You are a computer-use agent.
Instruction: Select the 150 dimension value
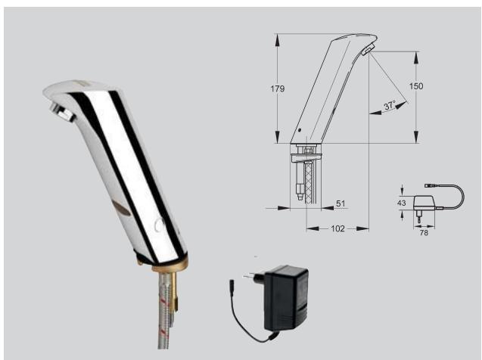click(416, 86)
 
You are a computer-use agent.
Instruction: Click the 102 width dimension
click(337, 228)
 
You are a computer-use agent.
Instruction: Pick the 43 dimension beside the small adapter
click(401, 203)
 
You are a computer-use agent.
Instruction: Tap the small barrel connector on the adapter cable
click(232, 286)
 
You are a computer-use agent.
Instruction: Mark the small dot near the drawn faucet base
click(300, 131)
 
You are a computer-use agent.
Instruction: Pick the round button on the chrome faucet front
click(157, 225)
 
